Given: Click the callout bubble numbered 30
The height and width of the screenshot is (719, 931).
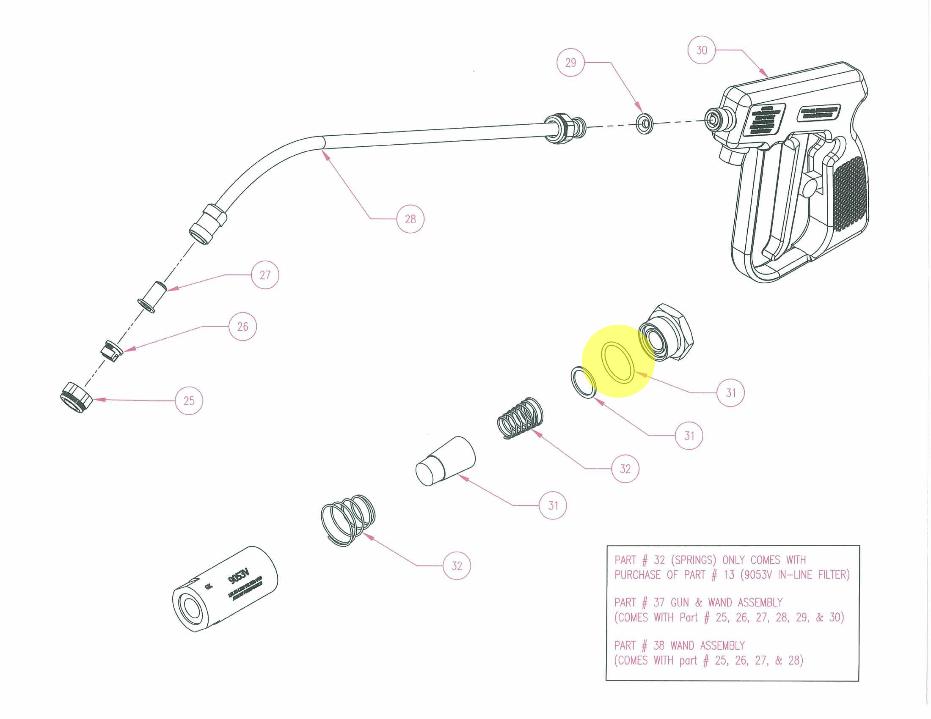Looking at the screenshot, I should pyautogui.click(x=701, y=50).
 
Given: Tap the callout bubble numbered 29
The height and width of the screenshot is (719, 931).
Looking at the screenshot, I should pyautogui.click(x=570, y=63).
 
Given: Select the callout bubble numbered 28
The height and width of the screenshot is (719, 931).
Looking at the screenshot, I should pyautogui.click(x=410, y=219).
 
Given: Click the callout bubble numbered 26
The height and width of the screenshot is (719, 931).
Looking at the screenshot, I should pyautogui.click(x=243, y=327).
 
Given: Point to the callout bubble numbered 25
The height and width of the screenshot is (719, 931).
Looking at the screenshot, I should pyautogui.click(x=189, y=401).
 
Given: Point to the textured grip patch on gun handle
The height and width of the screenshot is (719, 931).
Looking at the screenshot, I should pyautogui.click(x=849, y=194).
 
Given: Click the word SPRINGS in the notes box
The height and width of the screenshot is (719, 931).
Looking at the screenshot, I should pyautogui.click(x=695, y=560).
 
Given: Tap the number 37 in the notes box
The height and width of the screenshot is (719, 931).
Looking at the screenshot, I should pyautogui.click(x=659, y=602).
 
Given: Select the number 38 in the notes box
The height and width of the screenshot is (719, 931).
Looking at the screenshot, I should pyautogui.click(x=659, y=645).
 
